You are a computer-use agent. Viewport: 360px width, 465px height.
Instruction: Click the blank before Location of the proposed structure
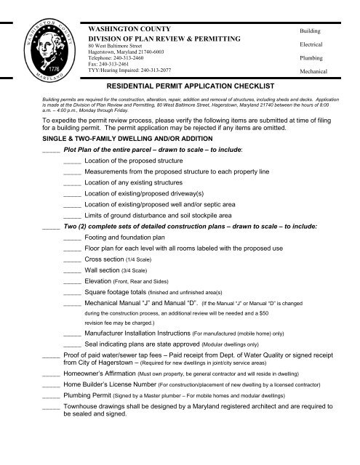point(72,159)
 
